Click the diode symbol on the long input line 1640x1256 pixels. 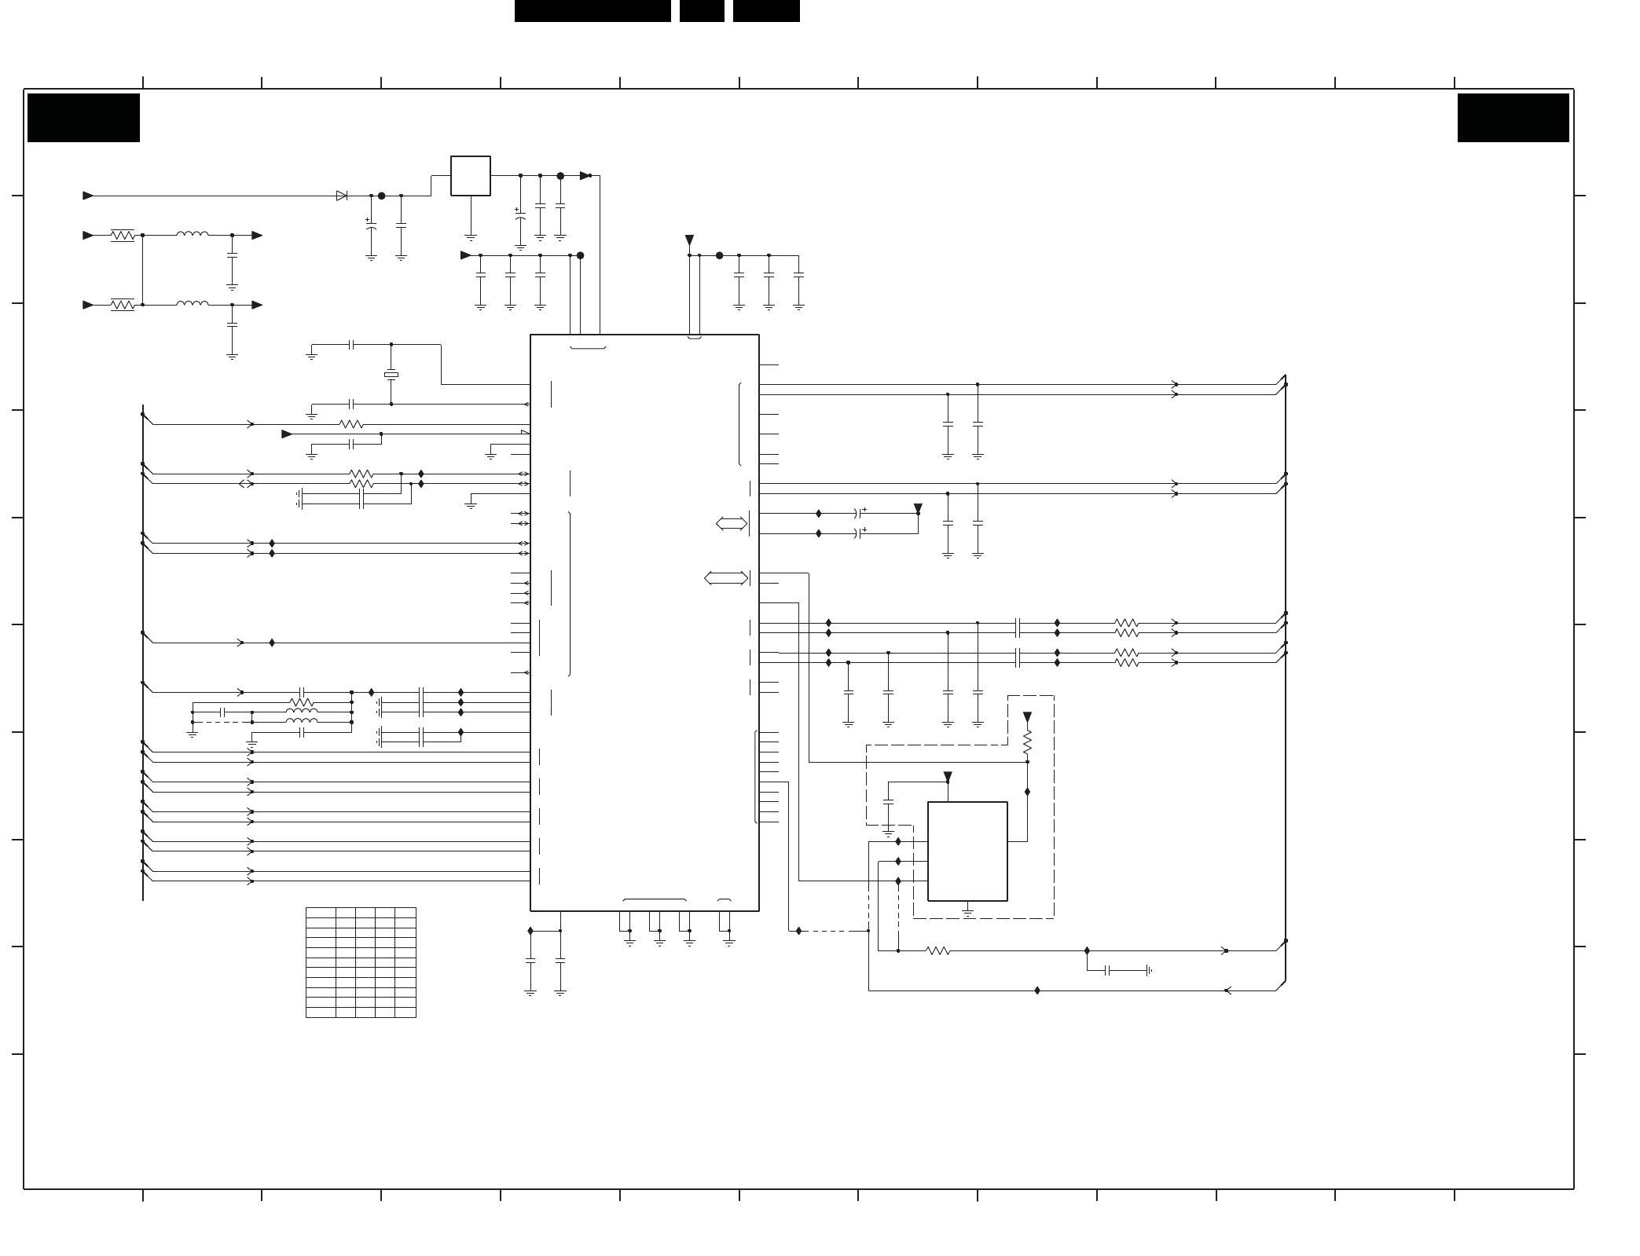click(341, 196)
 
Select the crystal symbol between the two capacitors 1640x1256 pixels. click(391, 375)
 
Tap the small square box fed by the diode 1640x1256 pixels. click(470, 176)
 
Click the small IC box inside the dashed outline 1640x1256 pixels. click(967, 851)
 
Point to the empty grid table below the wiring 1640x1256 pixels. click(361, 962)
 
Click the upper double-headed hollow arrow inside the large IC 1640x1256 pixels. click(731, 523)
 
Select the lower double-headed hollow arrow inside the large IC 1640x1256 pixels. click(725, 579)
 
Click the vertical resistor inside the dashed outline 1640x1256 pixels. click(1026, 742)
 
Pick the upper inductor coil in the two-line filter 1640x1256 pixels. click(193, 234)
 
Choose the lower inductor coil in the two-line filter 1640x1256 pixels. click(193, 304)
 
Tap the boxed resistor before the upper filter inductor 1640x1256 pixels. click(123, 235)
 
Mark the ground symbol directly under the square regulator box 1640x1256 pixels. click(470, 236)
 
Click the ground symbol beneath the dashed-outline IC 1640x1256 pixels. click(967, 912)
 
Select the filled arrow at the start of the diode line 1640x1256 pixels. click(88, 196)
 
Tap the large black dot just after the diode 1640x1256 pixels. click(382, 196)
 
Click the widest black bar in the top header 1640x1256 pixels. click(593, 11)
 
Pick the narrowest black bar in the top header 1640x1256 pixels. click(701, 11)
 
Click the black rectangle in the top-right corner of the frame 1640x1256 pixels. click(1513, 118)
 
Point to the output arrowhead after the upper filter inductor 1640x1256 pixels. click(257, 235)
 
